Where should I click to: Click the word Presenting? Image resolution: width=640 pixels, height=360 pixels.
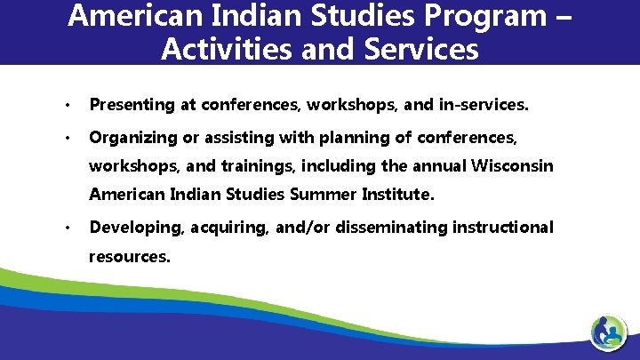point(132,105)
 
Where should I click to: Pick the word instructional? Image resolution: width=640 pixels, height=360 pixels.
point(503,228)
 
